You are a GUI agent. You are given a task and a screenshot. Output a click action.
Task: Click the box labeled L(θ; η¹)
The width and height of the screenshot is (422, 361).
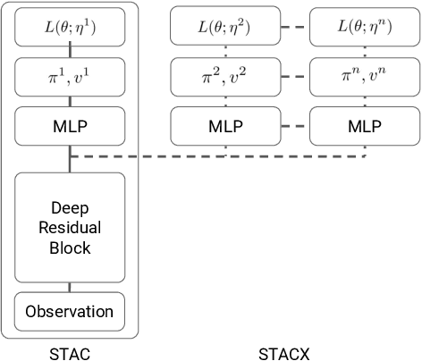70,27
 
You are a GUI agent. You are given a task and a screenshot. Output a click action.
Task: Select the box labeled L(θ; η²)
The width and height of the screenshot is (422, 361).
224,27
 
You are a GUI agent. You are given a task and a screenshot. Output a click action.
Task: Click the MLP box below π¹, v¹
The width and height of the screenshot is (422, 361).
70,127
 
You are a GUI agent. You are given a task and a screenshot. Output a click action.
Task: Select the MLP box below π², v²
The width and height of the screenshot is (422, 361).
224,127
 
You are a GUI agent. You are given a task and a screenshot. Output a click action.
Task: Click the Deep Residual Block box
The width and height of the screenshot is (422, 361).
70,227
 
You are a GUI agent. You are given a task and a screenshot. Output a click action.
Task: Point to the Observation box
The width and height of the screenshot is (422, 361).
70,312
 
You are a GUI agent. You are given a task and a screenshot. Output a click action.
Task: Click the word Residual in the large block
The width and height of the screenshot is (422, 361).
70,227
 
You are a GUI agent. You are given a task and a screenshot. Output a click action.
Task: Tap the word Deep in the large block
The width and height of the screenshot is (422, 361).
70,207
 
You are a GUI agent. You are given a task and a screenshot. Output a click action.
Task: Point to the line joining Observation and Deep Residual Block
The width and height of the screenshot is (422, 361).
70,287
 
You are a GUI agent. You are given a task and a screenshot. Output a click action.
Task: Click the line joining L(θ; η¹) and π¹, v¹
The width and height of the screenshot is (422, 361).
70,52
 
